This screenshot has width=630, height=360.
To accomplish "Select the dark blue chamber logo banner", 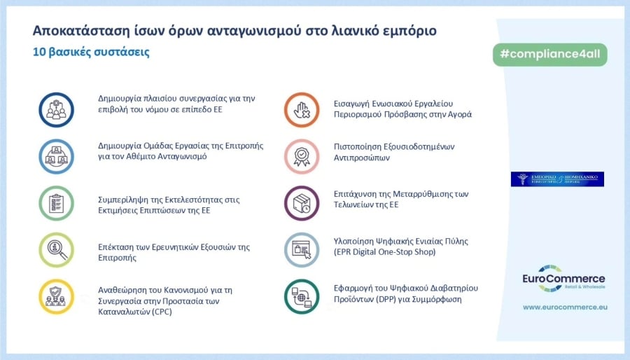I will (x=557, y=179).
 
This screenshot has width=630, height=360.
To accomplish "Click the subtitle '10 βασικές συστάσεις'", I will (x=90, y=53).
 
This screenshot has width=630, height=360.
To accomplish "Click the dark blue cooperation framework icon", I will (x=57, y=109).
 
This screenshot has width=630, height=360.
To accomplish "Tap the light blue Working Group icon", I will (x=57, y=156).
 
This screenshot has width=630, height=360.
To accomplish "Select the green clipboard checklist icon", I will (x=57, y=204).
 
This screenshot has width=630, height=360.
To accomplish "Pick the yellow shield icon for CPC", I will (x=57, y=297).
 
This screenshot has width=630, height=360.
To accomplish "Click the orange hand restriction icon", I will (x=302, y=109).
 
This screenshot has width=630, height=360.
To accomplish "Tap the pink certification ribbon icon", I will (x=302, y=156).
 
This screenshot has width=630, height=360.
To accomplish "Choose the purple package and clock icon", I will (x=302, y=204).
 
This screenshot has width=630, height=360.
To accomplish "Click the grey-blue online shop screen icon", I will (x=302, y=250).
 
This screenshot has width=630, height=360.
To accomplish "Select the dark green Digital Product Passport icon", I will (x=302, y=297).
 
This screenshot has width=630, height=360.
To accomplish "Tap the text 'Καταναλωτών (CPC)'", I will (x=135, y=312).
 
